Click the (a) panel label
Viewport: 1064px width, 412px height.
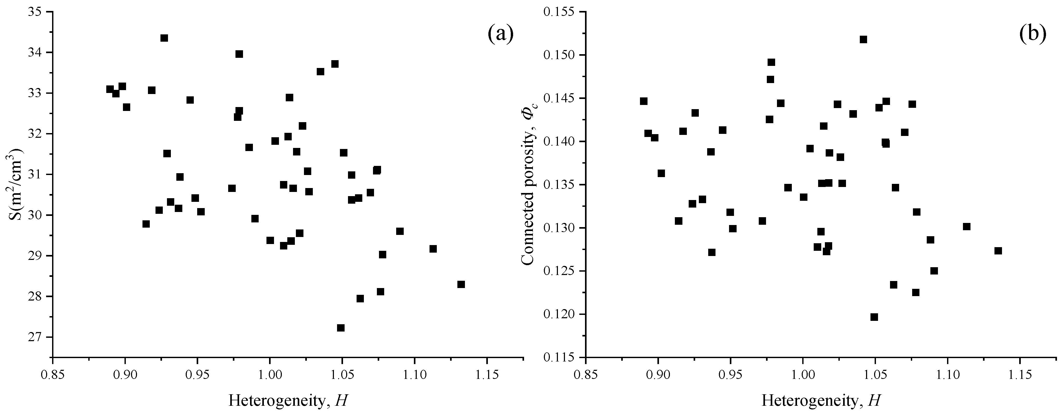[500, 34]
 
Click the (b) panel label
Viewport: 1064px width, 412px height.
[1032, 34]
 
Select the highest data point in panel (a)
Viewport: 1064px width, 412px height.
[164, 38]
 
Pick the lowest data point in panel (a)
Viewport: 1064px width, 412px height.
[341, 328]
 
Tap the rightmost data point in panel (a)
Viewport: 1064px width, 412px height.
[461, 284]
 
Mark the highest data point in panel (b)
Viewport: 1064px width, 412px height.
[863, 40]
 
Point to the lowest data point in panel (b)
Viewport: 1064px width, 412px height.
[874, 317]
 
